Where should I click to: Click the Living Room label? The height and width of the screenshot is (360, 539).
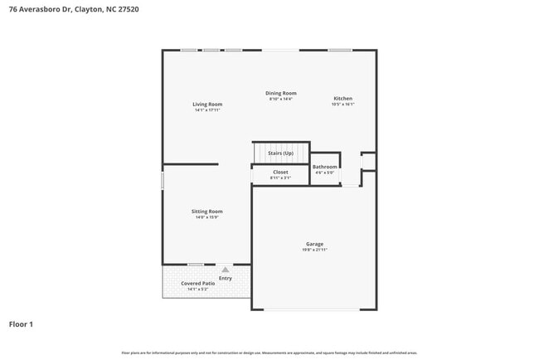(207, 105)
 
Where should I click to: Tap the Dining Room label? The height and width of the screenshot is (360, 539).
(280, 93)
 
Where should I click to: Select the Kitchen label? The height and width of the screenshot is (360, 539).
(342, 98)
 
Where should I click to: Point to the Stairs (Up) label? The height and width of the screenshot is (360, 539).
(280, 153)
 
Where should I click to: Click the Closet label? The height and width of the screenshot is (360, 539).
(280, 172)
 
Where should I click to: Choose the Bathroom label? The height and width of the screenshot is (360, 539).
(324, 167)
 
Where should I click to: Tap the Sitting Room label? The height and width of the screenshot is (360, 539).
(208, 212)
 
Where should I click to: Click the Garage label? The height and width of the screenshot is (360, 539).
(313, 244)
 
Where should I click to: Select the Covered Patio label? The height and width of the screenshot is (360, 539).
(197, 284)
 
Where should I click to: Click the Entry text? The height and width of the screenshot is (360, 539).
(225, 277)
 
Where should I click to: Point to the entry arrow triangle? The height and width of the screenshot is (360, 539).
(225, 270)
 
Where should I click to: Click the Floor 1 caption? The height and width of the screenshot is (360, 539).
(21, 324)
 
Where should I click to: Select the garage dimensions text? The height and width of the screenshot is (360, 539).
(313, 250)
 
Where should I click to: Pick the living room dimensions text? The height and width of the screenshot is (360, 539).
(207, 110)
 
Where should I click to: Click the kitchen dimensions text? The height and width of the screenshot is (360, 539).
(342, 105)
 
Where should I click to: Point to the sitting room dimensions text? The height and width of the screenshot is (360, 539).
(208, 217)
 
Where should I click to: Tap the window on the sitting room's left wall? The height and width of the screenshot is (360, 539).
(162, 180)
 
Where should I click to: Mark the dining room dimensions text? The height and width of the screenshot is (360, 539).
(280, 99)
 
